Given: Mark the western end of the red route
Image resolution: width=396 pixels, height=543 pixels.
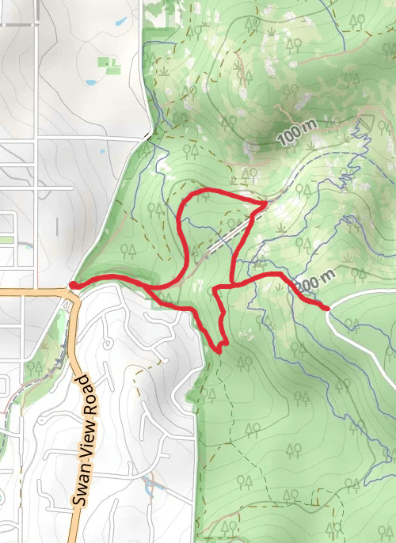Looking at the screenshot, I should coord(73,284).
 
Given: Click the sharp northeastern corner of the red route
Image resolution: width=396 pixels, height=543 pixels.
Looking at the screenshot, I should coord(264,204).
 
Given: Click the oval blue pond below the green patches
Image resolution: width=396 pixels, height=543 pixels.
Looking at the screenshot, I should coord(89,81).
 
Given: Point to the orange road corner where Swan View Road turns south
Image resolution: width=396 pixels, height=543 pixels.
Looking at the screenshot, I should coord(70,294).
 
